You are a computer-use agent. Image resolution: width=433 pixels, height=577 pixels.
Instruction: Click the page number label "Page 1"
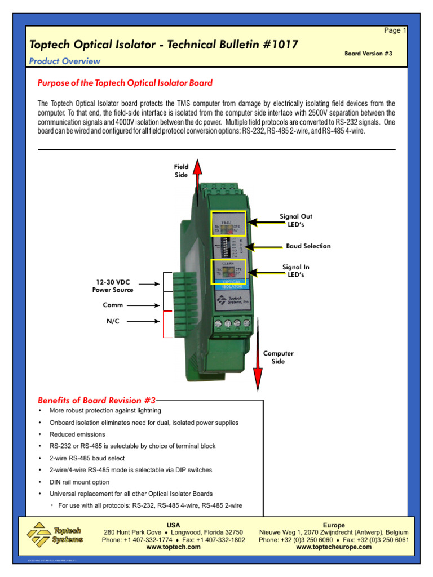click(x=395, y=31)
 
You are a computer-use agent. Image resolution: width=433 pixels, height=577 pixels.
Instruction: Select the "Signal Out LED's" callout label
click(x=295, y=220)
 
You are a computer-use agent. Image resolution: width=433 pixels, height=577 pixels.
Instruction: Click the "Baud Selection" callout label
click(x=308, y=246)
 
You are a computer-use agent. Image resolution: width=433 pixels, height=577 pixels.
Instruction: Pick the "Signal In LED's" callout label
click(x=295, y=271)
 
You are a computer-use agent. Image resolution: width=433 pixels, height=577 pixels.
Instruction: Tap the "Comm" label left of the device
click(x=113, y=305)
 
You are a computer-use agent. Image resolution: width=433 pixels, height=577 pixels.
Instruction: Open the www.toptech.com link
click(x=173, y=547)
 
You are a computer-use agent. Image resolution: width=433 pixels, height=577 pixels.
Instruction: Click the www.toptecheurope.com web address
click(x=334, y=547)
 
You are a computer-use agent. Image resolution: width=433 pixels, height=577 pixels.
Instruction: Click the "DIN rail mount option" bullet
click(x=79, y=482)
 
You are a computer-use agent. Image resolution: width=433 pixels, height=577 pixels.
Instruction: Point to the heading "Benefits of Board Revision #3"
click(x=96, y=401)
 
